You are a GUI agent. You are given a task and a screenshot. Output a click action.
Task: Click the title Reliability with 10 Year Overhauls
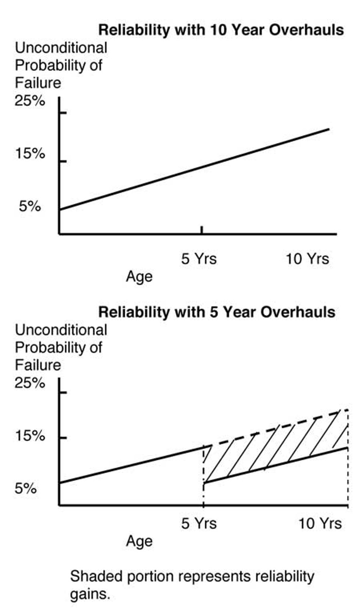click(x=221, y=30)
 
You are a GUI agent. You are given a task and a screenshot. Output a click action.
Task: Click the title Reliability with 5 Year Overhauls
click(x=217, y=312)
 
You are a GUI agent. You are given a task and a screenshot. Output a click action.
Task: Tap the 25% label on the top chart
click(x=30, y=101)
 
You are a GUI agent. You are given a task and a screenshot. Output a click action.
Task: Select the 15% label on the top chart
click(x=30, y=153)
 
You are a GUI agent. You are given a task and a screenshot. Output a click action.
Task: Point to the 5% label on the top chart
click(x=30, y=206)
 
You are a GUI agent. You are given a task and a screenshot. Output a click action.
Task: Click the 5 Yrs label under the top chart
click(x=199, y=259)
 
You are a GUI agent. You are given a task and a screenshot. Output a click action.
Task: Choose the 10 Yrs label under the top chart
click(x=307, y=259)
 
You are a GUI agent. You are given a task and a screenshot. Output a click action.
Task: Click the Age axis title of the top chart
click(x=139, y=276)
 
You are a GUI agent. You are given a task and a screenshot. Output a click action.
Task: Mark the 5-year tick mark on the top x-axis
click(x=202, y=229)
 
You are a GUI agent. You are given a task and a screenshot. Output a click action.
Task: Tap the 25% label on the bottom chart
click(x=30, y=383)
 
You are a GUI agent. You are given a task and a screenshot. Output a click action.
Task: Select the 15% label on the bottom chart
click(x=30, y=436)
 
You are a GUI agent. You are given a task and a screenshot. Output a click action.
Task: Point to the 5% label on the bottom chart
click(x=26, y=489)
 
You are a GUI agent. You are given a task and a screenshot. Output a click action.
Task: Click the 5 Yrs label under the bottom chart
click(x=199, y=523)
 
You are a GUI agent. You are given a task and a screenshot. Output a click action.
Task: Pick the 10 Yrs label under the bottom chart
click(x=320, y=523)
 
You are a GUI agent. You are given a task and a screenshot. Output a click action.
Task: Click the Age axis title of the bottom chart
click(x=139, y=541)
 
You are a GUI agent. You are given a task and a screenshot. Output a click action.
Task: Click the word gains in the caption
click(x=90, y=593)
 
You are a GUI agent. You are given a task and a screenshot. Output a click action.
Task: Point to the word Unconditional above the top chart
click(x=61, y=48)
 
